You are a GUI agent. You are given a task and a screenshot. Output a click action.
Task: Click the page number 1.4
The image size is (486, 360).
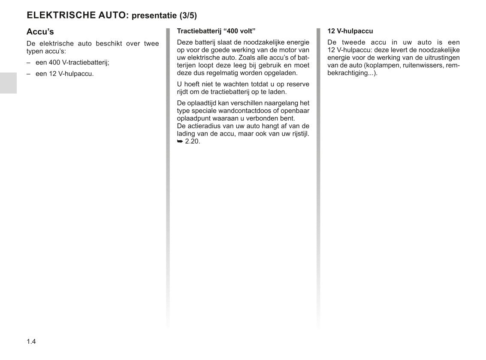tap(31, 342)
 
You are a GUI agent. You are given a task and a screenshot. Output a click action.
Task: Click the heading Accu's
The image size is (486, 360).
tap(40, 32)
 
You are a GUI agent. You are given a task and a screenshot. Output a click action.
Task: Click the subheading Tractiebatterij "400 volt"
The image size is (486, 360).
tap(216, 31)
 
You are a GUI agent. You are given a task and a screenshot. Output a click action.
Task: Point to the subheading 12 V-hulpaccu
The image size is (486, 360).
tap(350, 31)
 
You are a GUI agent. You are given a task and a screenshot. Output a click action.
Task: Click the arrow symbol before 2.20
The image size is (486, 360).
tap(180, 141)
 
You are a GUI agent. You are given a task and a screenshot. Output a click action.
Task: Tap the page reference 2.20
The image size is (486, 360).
tap(193, 141)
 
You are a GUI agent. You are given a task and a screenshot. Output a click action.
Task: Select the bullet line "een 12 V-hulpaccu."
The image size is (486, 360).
tap(64, 73)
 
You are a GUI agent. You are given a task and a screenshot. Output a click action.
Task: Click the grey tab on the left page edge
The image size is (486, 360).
tap(8, 83)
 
